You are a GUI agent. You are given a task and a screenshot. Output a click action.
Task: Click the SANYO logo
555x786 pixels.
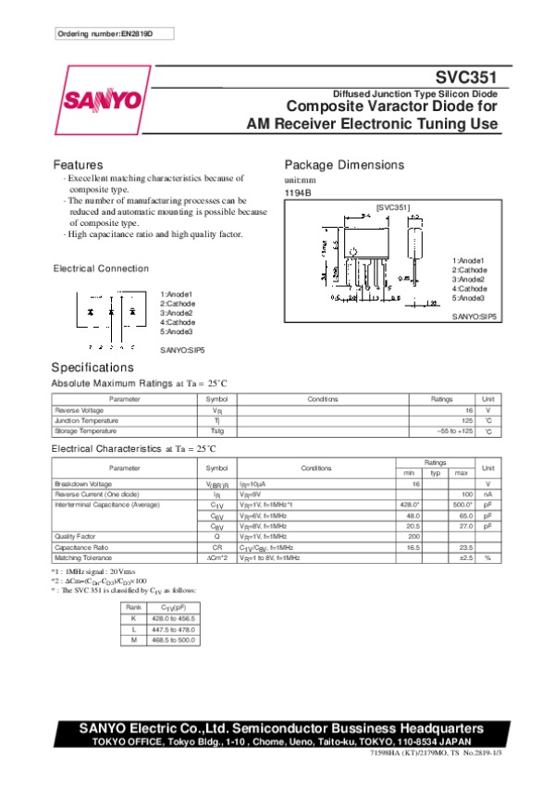coord(103,99)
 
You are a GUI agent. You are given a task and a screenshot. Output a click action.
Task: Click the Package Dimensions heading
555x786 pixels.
coord(343,165)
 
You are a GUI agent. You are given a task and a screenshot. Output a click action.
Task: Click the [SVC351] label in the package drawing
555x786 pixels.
coord(392,208)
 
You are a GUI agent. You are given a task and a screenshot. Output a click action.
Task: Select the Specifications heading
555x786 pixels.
coord(93,368)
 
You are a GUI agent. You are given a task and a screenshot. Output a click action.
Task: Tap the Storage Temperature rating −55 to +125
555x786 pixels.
coord(454,430)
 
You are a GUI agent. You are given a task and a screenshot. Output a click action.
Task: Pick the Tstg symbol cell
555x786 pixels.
coord(216,430)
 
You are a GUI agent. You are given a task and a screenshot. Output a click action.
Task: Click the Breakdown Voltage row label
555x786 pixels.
coord(83,484)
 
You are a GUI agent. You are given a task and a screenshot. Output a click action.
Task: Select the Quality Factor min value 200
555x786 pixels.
coord(413,536)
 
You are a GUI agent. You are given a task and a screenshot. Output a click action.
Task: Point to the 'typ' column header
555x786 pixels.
coord(434,473)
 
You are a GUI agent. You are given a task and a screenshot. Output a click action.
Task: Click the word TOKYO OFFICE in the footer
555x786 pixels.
coord(128,742)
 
